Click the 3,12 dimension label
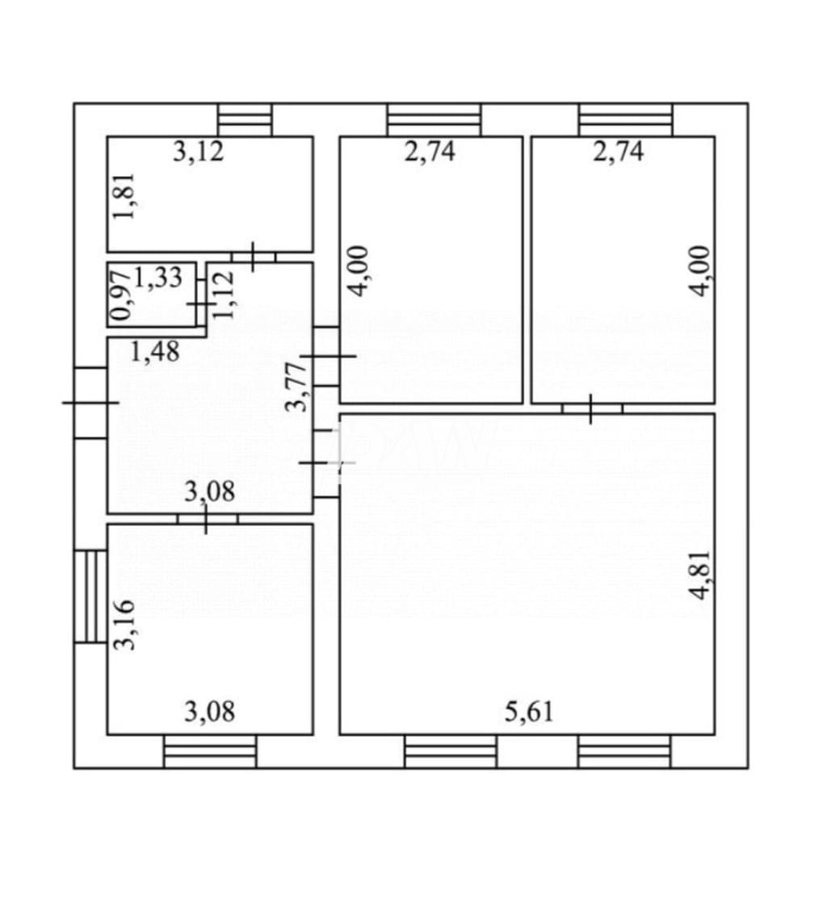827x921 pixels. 199,152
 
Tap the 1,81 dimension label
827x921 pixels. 125,195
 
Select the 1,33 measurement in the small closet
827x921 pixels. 158,277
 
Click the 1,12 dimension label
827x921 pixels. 223,294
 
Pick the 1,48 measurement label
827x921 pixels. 154,351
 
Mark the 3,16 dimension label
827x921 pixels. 125,625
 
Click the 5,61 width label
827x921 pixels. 529,711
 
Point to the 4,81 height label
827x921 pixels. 700,575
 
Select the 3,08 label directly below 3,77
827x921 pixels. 210,492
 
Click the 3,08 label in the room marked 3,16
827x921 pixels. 210,711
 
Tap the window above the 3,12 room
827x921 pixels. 245,119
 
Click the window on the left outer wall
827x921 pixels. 90,597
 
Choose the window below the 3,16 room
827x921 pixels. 210,751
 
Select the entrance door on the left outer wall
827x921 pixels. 90,402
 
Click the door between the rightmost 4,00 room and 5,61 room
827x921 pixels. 592,408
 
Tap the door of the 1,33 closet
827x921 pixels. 201,304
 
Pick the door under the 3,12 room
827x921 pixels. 254,257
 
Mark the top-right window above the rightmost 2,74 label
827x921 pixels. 625,119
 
